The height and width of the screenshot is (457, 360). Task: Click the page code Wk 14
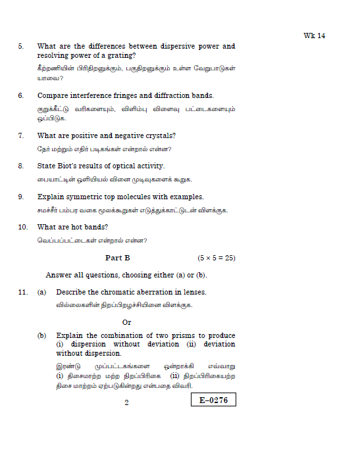[315, 36]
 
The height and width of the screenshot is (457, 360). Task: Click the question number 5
[20, 46]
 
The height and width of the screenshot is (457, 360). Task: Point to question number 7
[20, 135]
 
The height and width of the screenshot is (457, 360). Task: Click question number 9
[20, 197]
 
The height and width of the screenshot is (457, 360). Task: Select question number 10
[22, 227]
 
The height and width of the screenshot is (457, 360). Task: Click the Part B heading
[118, 258]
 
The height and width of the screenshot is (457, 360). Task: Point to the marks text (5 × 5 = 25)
[217, 258]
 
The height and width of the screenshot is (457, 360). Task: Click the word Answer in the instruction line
[59, 274]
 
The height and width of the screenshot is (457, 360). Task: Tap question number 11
[22, 291]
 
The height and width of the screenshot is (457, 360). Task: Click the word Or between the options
[127, 322]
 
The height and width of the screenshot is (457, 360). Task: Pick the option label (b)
[41, 335]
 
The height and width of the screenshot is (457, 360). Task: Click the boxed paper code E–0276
[213, 400]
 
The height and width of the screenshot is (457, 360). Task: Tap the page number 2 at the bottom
[126, 402]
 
